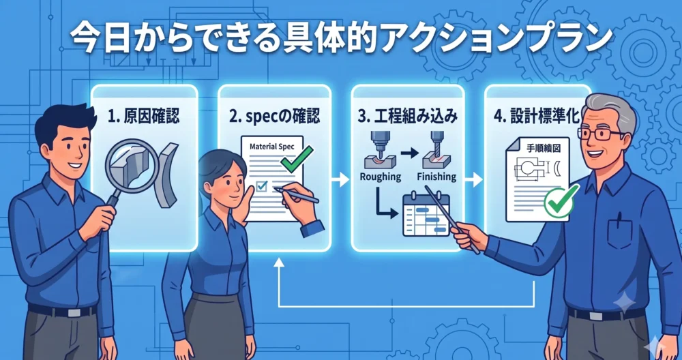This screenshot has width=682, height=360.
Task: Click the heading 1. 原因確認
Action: pyautogui.click(x=143, y=117)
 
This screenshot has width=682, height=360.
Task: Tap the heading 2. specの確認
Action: pyautogui.click(x=274, y=117)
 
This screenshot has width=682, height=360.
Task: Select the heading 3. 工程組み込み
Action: pyautogui.click(x=407, y=117)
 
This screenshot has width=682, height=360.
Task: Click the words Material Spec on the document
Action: pyautogui.click(x=272, y=147)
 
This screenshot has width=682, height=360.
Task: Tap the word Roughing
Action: pyautogui.click(x=380, y=177)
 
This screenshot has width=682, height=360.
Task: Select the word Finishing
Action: pyautogui.click(x=436, y=177)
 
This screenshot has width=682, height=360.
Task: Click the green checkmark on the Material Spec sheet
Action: pyautogui.click(x=297, y=159)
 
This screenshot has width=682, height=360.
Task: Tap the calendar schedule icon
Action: pyautogui.click(x=426, y=215)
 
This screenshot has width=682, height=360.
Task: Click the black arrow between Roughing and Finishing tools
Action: pyautogui.click(x=409, y=153)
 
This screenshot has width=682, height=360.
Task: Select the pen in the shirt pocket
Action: pyautogui.click(x=619, y=219)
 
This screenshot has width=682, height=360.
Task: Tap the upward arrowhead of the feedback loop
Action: pyautogui.click(x=279, y=262)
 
